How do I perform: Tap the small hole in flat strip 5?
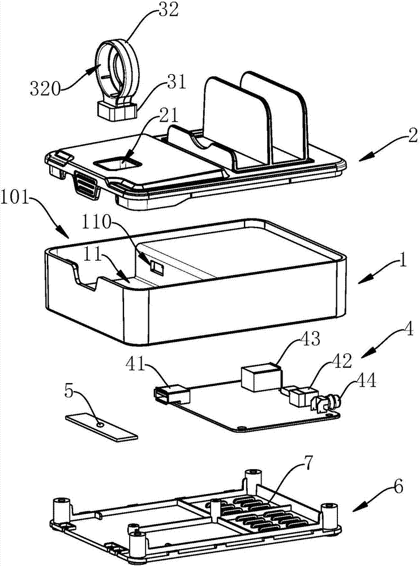pyautogui.click(x=100, y=424)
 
